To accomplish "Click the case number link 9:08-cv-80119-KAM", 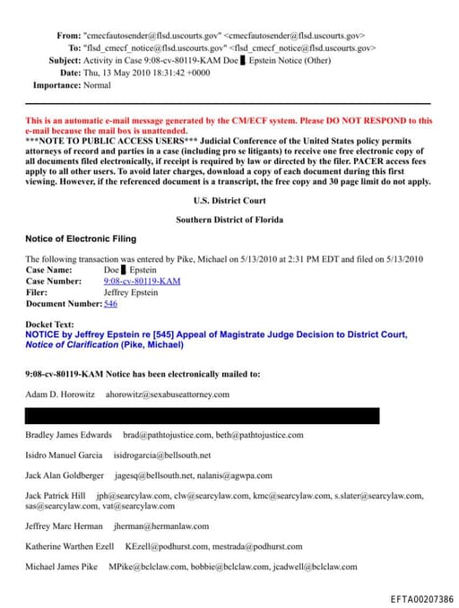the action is [x=142, y=281].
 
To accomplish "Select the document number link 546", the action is [x=110, y=304].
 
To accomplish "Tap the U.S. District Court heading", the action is [x=230, y=201].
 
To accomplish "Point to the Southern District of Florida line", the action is [x=230, y=220].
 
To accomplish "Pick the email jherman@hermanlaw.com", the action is [x=161, y=526].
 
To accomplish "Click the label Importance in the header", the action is [x=58, y=85].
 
